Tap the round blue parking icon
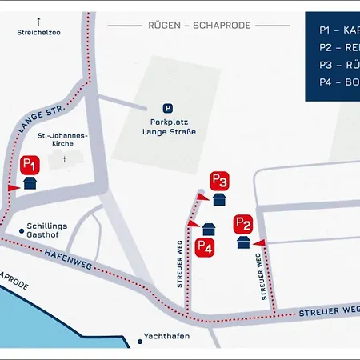[167, 108]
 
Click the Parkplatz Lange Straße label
[167, 126]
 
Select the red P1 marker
[30, 165]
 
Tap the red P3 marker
[220, 181]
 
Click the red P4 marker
[205, 247]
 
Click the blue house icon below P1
[30, 183]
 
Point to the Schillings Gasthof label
[46, 231]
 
